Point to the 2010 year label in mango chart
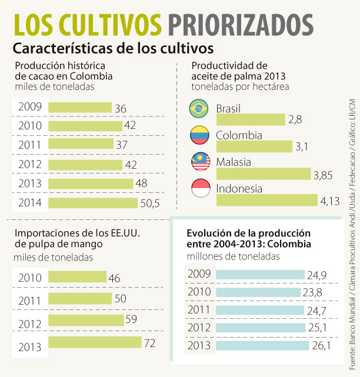pos(29,278)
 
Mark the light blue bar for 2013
pos(262,345)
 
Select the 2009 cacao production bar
pos(79,107)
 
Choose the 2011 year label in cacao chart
pos(29,145)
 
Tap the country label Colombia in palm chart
pos(239,135)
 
